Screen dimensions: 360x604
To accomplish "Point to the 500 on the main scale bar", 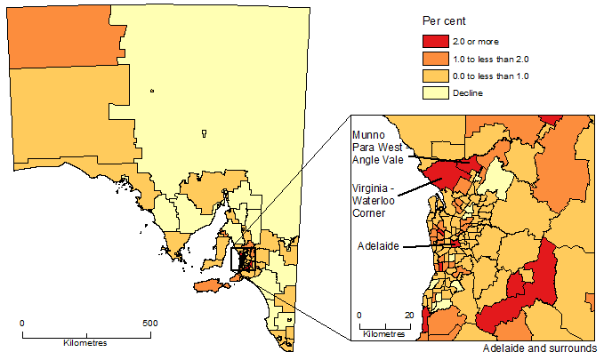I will click(x=150, y=323).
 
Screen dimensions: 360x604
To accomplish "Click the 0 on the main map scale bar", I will click(x=22, y=323).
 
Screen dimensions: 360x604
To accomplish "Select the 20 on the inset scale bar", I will click(x=409, y=315).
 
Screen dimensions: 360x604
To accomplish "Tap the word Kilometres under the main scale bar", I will click(x=85, y=343).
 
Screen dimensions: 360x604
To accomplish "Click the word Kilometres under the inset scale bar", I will click(x=384, y=334).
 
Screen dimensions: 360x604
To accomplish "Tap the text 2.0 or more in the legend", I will click(x=477, y=40).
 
